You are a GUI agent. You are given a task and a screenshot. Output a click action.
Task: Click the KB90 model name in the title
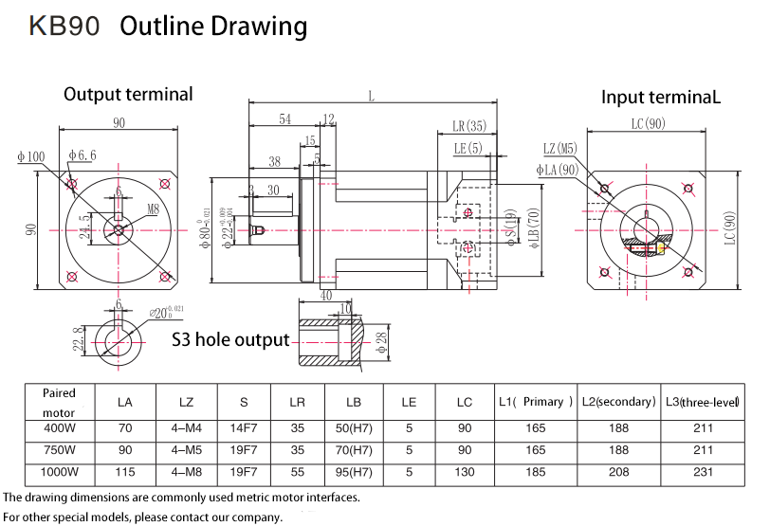(x=65, y=27)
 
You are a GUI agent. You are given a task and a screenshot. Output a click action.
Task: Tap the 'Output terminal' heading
(x=128, y=94)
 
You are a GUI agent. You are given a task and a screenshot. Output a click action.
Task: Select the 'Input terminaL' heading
(x=661, y=97)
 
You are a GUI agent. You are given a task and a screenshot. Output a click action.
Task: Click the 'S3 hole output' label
(x=230, y=340)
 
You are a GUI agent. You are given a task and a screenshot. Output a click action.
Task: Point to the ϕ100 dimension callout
(x=30, y=156)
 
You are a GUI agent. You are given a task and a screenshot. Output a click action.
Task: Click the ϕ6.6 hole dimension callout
(x=82, y=156)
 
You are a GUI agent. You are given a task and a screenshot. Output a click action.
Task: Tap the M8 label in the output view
(x=154, y=208)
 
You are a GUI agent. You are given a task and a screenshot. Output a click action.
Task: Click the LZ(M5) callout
(x=559, y=149)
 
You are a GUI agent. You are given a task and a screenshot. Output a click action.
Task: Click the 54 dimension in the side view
(x=284, y=119)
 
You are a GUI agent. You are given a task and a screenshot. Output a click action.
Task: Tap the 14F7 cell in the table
(x=244, y=427)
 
